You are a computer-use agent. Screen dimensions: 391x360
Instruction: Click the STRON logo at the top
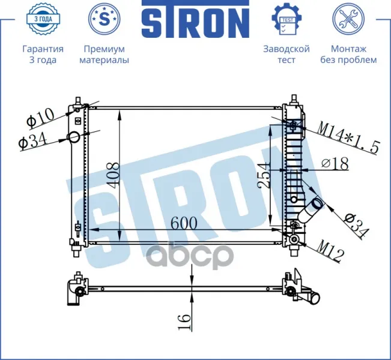(x=195, y=19)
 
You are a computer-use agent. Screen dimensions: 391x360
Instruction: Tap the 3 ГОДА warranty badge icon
(x=43, y=19)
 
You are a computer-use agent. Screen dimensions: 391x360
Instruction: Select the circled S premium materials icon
(x=105, y=19)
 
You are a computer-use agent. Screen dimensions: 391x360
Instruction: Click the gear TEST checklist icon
(x=286, y=19)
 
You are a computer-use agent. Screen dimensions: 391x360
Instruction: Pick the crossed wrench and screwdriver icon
(x=348, y=19)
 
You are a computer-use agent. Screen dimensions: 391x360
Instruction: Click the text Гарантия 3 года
(x=43, y=55)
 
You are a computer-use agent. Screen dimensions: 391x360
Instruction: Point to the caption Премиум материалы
(x=105, y=55)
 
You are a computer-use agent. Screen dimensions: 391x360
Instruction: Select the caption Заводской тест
(x=286, y=55)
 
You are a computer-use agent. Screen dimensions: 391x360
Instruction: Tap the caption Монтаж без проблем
(x=348, y=55)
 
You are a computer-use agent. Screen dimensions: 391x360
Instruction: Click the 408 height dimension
(x=114, y=174)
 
